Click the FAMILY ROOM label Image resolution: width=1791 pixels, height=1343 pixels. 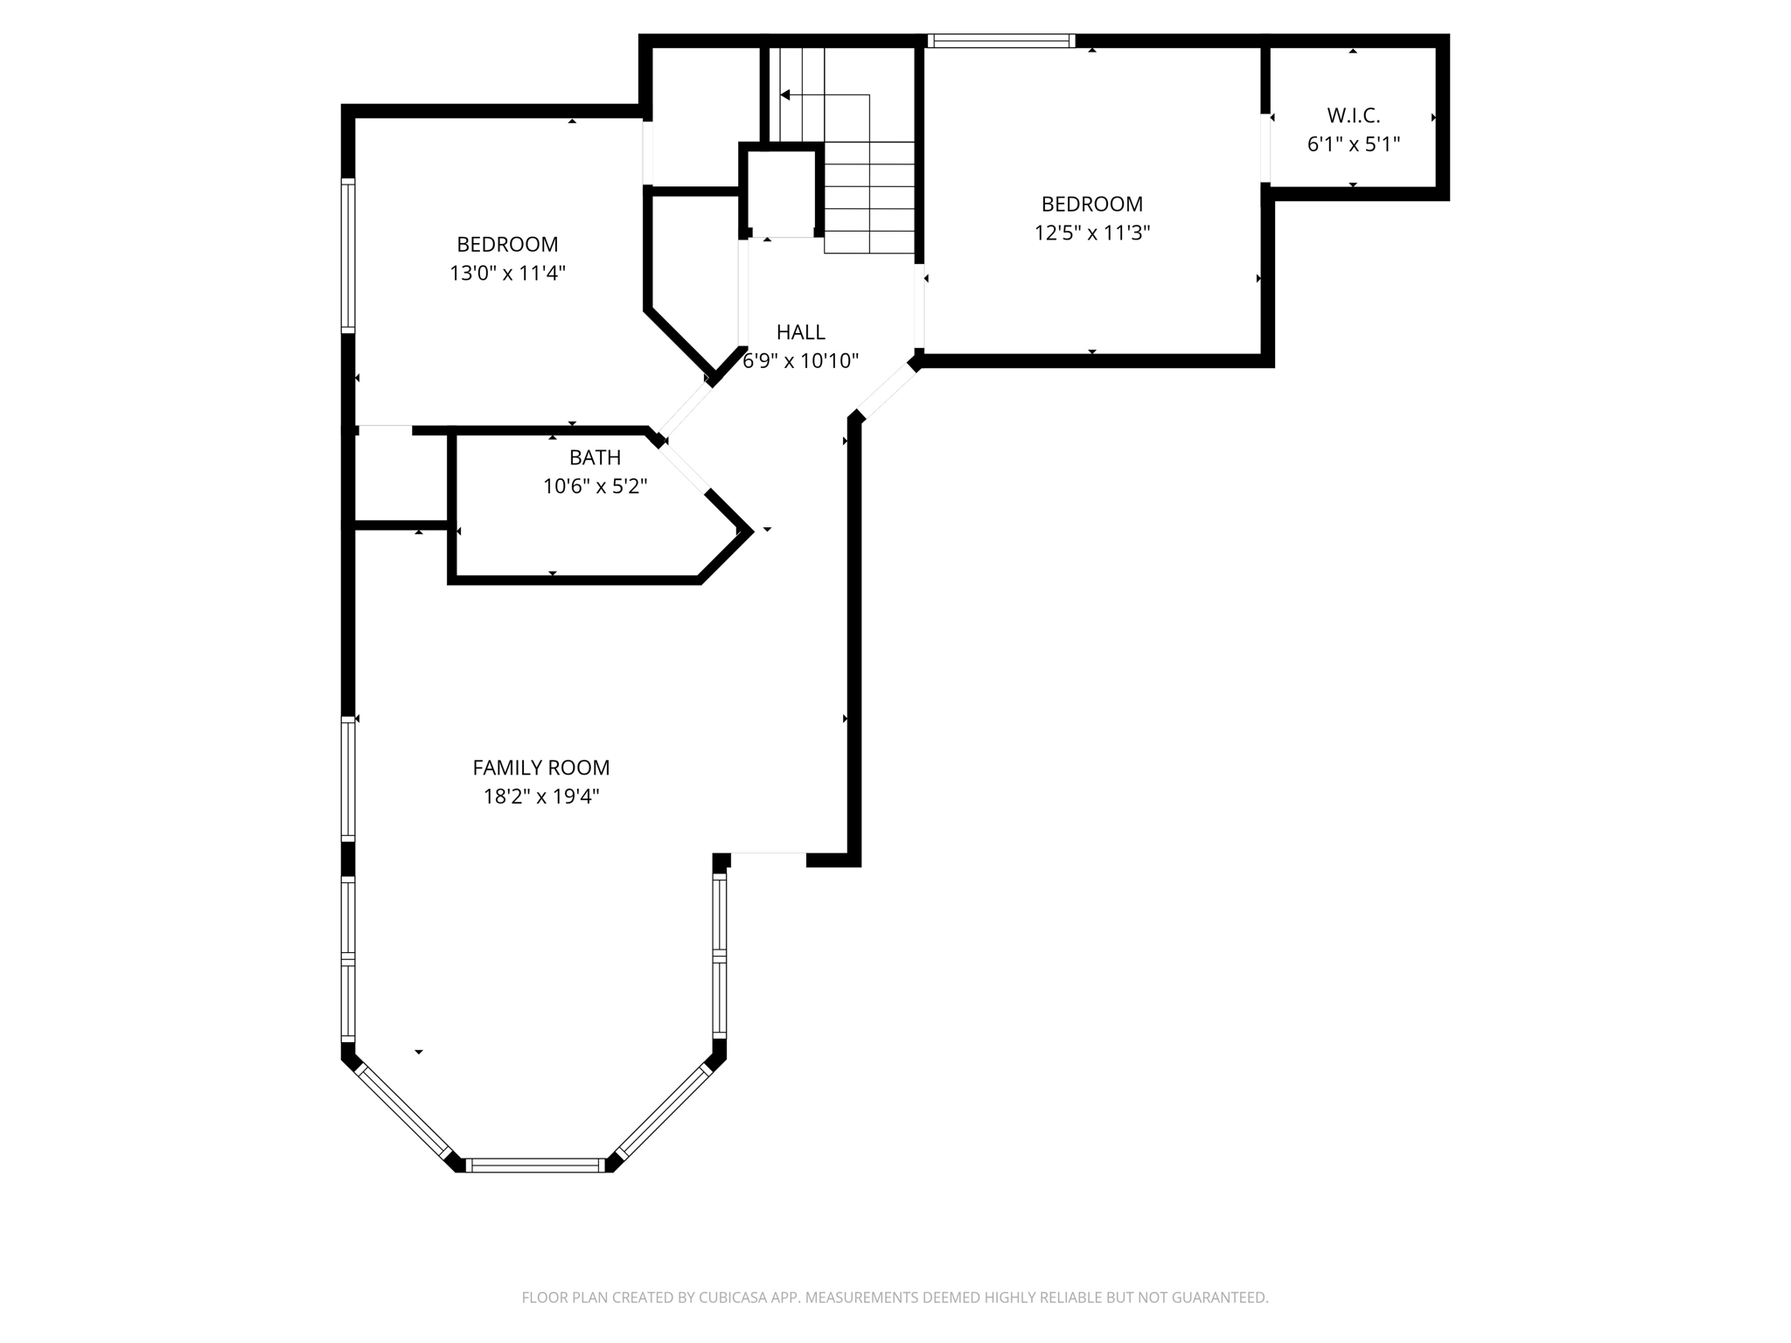click(540, 767)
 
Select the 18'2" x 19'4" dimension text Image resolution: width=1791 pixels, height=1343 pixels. click(540, 797)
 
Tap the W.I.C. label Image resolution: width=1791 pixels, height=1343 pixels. click(1353, 115)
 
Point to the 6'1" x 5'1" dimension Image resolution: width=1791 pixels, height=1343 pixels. click(1353, 145)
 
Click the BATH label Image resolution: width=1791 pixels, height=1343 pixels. click(595, 457)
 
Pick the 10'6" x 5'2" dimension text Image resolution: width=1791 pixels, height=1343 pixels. click(595, 486)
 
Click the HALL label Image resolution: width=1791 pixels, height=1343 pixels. click(800, 332)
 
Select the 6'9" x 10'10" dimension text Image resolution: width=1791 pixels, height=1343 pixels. click(800, 361)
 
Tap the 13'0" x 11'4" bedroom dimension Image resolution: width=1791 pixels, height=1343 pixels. click(507, 274)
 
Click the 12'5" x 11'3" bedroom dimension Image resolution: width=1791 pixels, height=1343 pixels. click(1091, 233)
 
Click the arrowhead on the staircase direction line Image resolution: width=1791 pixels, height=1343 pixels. click(785, 94)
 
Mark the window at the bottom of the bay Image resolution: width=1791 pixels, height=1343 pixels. click(534, 1165)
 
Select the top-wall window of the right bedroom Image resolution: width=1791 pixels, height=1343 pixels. click(1000, 40)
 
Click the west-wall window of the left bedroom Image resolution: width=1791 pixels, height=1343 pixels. click(348, 255)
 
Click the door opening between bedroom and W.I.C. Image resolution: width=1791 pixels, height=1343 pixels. click(1265, 149)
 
